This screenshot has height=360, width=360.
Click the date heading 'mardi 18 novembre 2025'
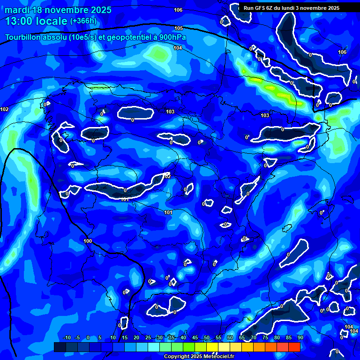coord(58,10)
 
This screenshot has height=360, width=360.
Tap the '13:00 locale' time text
coord(37,21)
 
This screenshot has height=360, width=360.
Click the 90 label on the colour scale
coord(300,337)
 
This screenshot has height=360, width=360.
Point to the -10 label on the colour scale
coord(67,337)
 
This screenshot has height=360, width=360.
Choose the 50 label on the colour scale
coord(207,337)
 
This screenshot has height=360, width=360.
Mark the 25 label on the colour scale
coord(148,337)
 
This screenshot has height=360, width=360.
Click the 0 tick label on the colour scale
coord(88,337)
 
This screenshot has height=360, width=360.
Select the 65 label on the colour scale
coord(242,337)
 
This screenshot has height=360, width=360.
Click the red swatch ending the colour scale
coord(294,347)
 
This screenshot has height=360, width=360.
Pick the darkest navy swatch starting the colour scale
coord(60,347)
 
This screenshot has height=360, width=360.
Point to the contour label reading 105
coord(179,29)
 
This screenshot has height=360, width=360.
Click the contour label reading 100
coord(88,241)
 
